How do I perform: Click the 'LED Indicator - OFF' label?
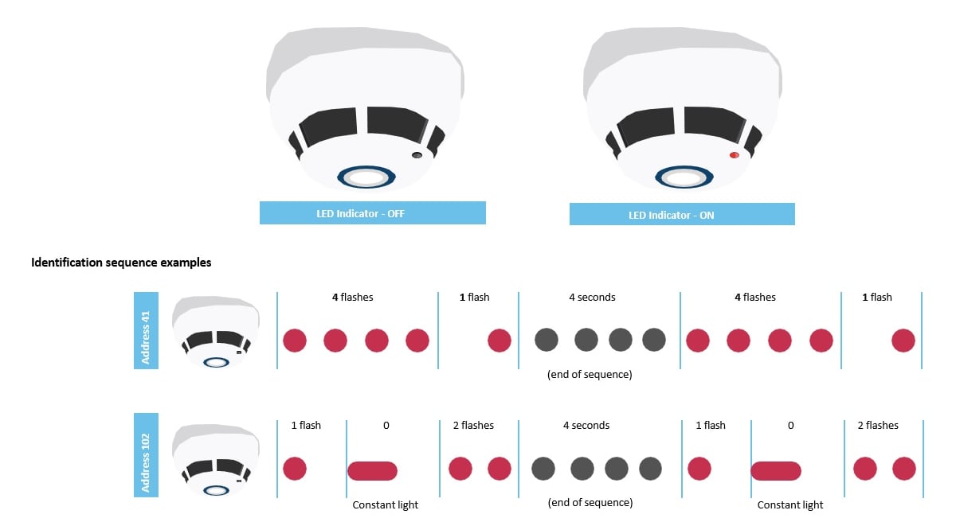click(x=372, y=213)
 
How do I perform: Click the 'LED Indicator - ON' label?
click(x=682, y=215)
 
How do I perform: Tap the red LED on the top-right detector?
click(x=734, y=155)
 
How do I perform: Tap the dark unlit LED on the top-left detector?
click(x=416, y=155)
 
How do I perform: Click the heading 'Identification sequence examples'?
click(x=121, y=262)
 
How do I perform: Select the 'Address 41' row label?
click(x=146, y=330)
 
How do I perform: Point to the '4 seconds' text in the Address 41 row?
click(x=592, y=298)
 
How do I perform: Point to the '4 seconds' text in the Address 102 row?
click(x=586, y=426)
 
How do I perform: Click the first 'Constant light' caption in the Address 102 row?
click(x=386, y=504)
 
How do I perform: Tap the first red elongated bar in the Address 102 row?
click(x=372, y=471)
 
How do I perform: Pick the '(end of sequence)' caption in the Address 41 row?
click(x=590, y=374)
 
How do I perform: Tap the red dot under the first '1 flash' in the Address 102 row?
click(x=295, y=469)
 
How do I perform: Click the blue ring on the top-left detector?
click(x=366, y=177)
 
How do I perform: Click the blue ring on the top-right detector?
click(x=684, y=177)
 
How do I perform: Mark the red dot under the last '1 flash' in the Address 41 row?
click(x=903, y=341)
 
